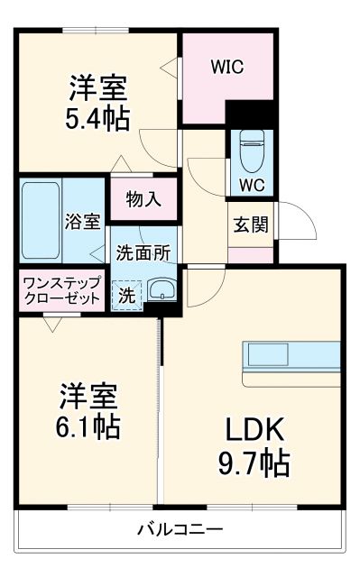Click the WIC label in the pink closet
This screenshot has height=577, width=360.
(228, 66)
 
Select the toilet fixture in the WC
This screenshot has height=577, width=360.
(252, 149)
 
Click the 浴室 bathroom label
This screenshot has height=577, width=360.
(82, 223)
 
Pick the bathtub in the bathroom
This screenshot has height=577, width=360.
(42, 220)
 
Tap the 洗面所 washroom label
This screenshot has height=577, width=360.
(143, 254)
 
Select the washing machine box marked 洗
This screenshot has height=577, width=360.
(126, 294)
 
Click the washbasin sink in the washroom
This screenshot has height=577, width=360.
(162, 290)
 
